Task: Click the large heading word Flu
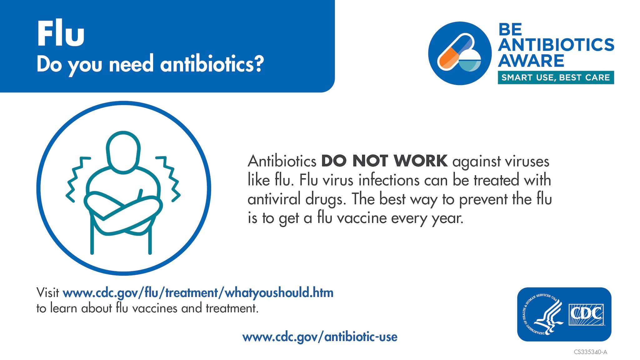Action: (x=61, y=33)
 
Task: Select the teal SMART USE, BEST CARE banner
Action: (x=556, y=77)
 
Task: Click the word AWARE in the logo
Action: (x=531, y=61)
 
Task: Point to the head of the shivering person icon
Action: (x=123, y=152)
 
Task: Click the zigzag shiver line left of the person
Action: (x=77, y=179)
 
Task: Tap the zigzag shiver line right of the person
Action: (x=169, y=179)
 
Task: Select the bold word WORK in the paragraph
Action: (x=420, y=161)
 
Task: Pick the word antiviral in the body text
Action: (x=274, y=199)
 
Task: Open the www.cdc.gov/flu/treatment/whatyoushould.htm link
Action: (x=198, y=293)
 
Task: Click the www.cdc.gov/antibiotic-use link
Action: (x=320, y=337)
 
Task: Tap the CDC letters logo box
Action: (x=586, y=314)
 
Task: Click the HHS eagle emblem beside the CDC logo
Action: (x=543, y=314)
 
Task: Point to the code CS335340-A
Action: (x=590, y=352)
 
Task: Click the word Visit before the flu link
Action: (x=47, y=293)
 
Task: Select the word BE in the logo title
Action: (x=510, y=30)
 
